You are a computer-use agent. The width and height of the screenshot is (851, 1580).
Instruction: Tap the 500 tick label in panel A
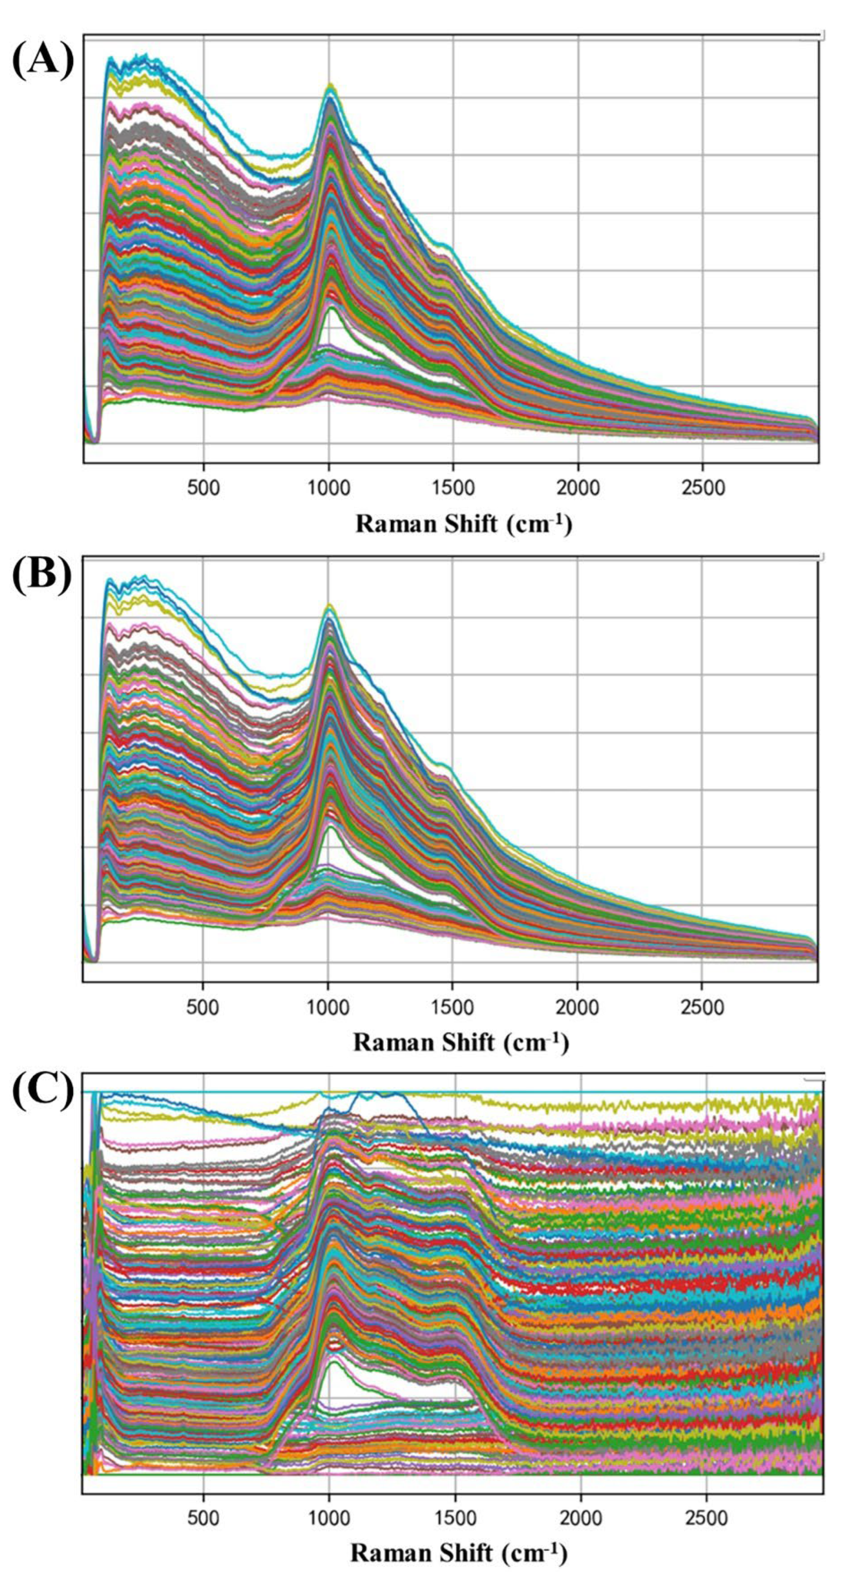(x=203, y=488)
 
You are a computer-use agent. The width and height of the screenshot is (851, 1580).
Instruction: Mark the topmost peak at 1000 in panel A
(x=330, y=84)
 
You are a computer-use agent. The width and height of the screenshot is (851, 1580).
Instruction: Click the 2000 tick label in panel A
(x=578, y=488)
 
